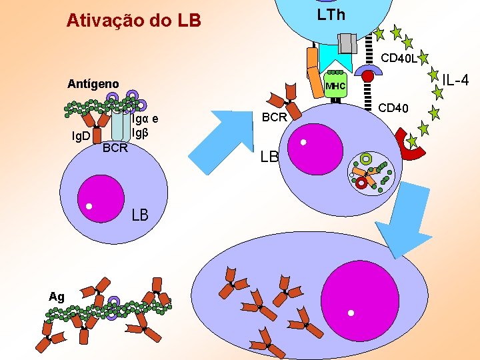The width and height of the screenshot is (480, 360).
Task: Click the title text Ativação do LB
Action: (x=133, y=21)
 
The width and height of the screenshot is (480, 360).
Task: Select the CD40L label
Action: (x=399, y=58)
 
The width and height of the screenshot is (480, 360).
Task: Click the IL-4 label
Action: (x=456, y=81)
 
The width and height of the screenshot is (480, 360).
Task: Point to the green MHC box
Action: (x=336, y=86)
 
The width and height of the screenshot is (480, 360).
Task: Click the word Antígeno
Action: (x=93, y=84)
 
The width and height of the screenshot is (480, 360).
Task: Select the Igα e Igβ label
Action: (x=145, y=125)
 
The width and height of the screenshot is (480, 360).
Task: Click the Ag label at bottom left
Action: (x=56, y=297)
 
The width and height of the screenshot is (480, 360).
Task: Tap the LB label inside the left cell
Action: (x=140, y=215)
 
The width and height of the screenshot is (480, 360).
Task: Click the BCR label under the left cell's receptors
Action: (x=115, y=147)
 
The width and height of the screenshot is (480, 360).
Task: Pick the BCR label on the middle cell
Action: (x=274, y=117)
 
